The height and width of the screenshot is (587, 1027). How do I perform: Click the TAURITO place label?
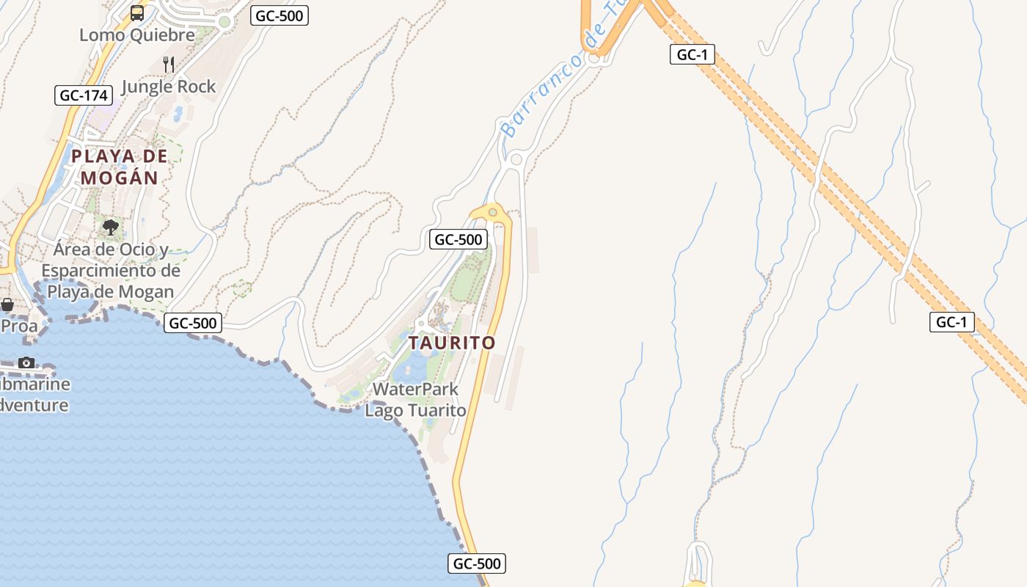pos(452,343)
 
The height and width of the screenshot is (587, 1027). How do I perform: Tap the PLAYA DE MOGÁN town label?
pos(119,167)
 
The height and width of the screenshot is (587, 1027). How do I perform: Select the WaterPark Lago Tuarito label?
pos(415,400)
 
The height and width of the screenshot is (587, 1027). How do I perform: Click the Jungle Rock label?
pos(169,87)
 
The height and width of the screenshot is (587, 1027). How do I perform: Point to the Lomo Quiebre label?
pos(137,34)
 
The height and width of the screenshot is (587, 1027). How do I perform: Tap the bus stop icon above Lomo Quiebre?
pos(137,12)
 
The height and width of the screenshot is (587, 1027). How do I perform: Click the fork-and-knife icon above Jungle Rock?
pos(169,64)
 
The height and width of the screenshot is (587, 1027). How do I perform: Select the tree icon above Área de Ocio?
pos(111,227)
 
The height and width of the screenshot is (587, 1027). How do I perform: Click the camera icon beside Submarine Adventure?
pos(26,362)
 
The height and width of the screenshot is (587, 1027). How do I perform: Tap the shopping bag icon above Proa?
pos(7,304)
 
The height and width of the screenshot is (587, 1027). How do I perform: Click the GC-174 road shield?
pos(84,95)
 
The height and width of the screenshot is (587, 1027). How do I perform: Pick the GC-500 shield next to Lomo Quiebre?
pos(279,15)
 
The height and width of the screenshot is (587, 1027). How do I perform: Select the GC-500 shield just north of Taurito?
pos(458,239)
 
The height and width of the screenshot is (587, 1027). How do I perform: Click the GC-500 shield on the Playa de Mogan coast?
pos(193,323)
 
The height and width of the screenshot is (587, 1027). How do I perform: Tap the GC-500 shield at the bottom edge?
pos(477,564)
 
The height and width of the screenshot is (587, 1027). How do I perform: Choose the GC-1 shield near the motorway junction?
pos(692,54)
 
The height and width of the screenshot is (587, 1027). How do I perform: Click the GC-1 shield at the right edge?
pos(951,321)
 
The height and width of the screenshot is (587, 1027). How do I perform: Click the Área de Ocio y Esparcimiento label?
pos(110,271)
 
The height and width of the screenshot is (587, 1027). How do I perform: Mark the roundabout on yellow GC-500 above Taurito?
pos(492,212)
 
